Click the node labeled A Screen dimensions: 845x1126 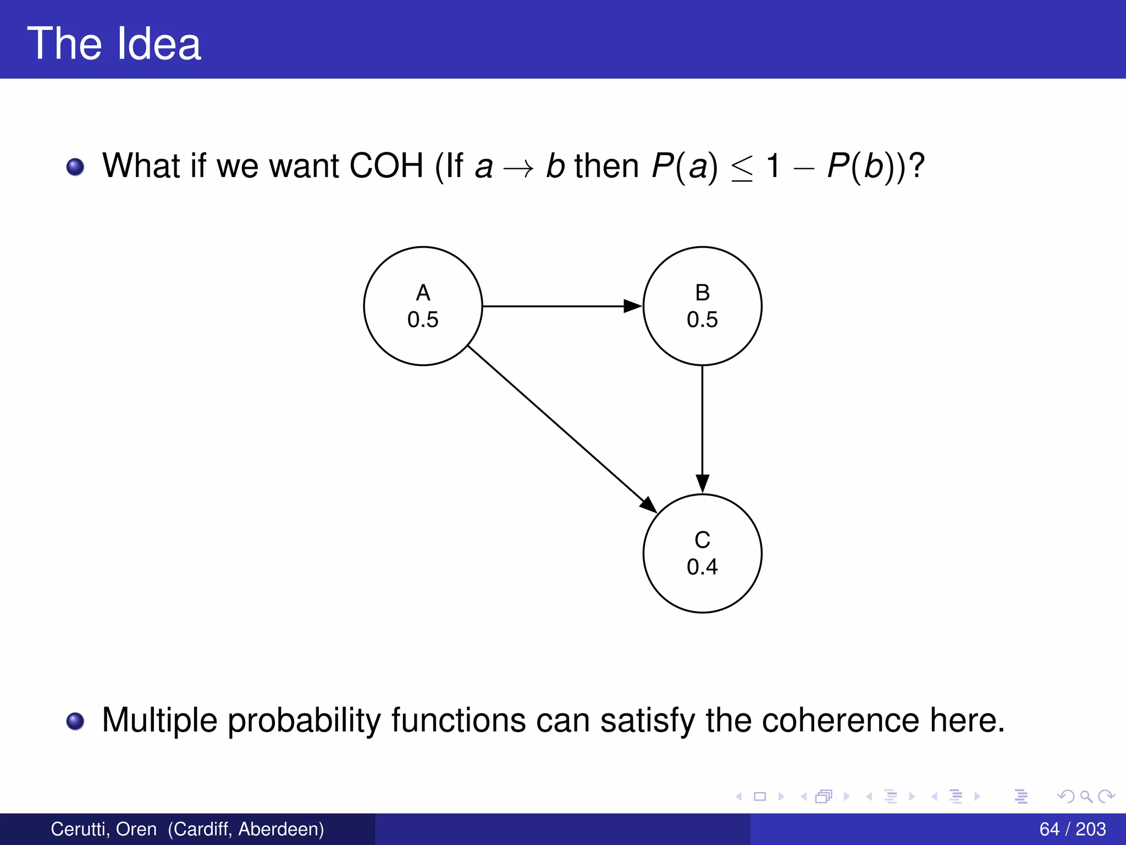423,306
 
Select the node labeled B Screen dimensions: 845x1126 702,306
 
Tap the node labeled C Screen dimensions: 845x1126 702,553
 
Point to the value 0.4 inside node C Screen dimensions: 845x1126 702,567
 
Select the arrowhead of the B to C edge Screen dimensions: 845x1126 702,483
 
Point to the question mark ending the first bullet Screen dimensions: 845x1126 917,165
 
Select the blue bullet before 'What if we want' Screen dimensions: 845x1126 75,167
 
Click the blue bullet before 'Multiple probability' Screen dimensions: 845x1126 75,721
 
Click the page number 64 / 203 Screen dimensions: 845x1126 1072,829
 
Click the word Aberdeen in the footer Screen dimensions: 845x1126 280,829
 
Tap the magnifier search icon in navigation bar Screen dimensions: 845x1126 1086,796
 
